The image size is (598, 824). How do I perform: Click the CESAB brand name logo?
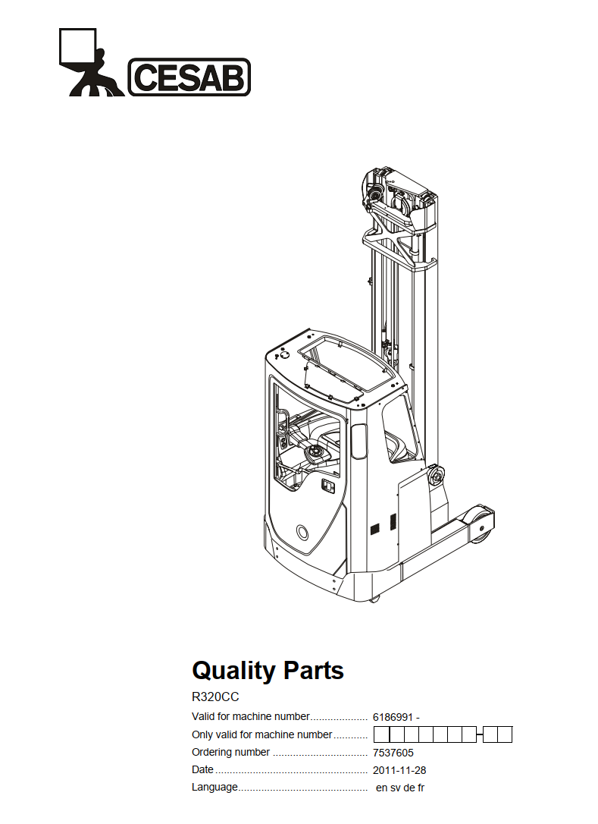click(x=189, y=77)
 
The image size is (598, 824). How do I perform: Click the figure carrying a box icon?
click(x=90, y=62)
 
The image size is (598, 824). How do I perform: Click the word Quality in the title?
click(x=233, y=671)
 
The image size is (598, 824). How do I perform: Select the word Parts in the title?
click(x=314, y=671)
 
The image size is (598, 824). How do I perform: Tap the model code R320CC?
click(x=215, y=697)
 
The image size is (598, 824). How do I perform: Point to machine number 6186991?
click(x=393, y=717)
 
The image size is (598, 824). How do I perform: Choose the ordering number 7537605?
click(x=393, y=753)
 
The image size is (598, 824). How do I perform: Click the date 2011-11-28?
click(x=399, y=770)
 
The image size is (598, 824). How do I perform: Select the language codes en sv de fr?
click(x=400, y=788)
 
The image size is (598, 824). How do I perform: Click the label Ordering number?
click(x=230, y=752)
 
